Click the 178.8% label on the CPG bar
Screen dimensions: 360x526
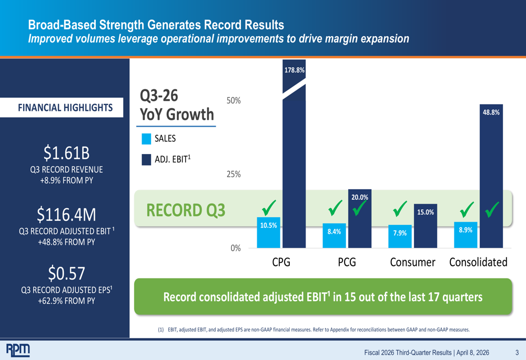(x=295, y=69)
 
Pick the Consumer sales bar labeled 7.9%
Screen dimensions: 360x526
(x=400, y=236)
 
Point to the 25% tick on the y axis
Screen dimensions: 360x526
(x=234, y=174)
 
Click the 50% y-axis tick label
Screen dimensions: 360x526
(x=234, y=100)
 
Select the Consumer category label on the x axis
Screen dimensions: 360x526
(x=412, y=262)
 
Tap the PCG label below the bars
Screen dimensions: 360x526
(x=347, y=262)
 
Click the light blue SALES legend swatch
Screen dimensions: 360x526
(x=147, y=139)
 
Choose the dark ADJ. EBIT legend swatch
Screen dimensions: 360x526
(x=147, y=159)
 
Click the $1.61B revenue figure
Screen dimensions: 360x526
(x=66, y=153)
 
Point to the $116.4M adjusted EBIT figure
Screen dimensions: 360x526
(x=66, y=214)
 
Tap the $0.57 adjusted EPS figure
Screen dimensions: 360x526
(x=66, y=273)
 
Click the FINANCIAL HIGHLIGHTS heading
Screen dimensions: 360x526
(x=65, y=108)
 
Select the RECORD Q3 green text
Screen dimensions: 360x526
(x=186, y=210)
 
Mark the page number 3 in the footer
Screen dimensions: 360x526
(x=517, y=352)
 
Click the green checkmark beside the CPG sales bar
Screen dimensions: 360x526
(x=268, y=208)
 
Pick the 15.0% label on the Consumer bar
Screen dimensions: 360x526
(x=426, y=212)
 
